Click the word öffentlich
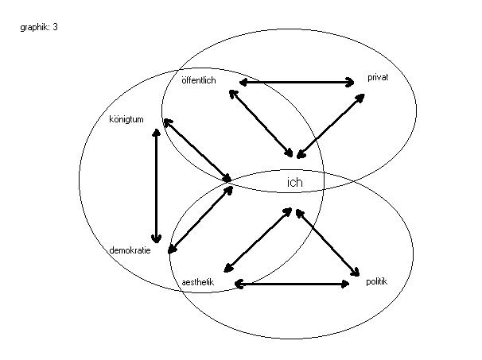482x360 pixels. click(198, 80)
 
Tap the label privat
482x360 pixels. click(377, 77)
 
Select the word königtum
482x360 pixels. click(126, 120)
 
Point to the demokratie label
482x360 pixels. click(130, 250)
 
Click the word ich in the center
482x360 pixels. click(295, 183)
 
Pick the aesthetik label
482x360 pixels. click(198, 282)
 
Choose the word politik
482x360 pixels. click(376, 281)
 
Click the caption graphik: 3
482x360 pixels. click(38, 27)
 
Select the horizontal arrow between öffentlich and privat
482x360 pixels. click(296, 82)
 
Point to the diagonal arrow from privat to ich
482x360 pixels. click(330, 124)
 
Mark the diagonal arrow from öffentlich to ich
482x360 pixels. click(262, 122)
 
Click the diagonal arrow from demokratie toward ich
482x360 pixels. click(200, 219)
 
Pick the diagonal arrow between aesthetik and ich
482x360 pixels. click(258, 239)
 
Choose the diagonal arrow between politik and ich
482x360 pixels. click(328, 241)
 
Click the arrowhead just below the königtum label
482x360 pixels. click(157, 133)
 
